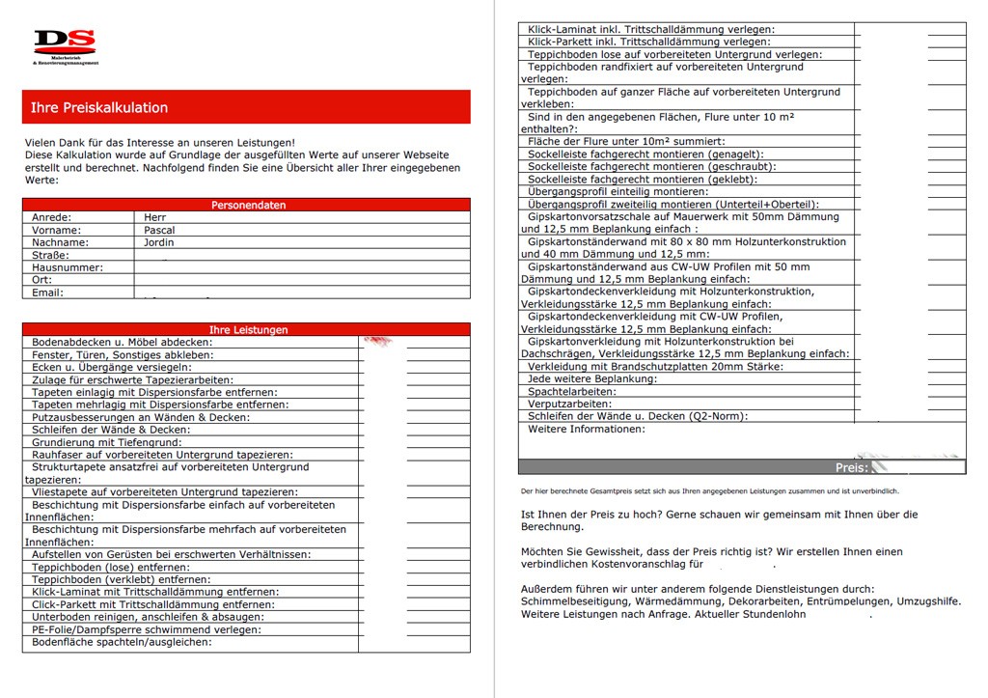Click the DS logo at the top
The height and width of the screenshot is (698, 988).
coord(65,43)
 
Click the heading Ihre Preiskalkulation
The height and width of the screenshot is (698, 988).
coord(99,107)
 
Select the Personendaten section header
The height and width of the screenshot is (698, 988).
coord(248,205)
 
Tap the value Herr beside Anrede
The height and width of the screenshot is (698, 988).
coord(154,217)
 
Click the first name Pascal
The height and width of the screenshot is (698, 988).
coord(159,230)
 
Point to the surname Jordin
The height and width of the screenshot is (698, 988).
coord(159,242)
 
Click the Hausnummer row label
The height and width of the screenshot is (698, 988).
coord(67,267)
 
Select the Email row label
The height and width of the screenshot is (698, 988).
coord(47,293)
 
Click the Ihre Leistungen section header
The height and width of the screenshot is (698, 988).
coord(248,329)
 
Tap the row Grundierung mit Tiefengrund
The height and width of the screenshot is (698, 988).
coord(106,442)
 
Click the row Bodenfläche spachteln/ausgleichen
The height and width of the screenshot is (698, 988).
coord(122,642)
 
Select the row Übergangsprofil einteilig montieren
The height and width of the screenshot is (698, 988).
coord(631,192)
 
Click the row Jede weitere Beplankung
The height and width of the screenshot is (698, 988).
coord(592,379)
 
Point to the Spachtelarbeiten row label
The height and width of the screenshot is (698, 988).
coord(571,392)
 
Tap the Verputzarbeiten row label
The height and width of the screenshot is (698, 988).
coord(569,405)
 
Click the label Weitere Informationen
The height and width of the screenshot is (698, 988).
coord(587,429)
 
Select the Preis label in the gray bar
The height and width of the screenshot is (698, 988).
coord(851,467)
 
